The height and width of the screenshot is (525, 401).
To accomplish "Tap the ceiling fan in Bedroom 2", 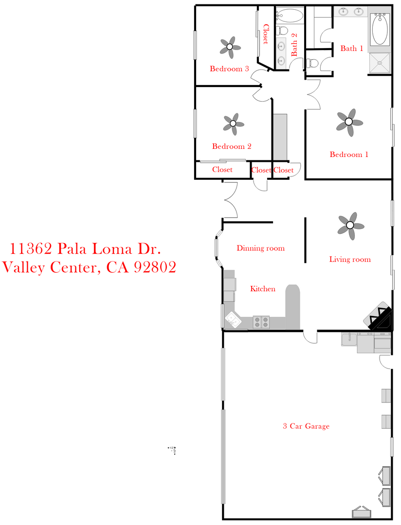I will pos(233,123).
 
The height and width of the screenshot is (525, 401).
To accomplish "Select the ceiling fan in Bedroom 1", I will pos(349,122).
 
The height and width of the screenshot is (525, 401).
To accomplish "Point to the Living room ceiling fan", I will pos(350,225).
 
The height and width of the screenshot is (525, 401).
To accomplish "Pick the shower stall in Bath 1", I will pos(380,63).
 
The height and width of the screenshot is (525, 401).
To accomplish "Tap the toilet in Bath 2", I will pos(282,30).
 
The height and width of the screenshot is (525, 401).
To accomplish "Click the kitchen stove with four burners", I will pos(262,321).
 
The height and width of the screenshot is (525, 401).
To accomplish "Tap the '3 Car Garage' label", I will pos(306,426).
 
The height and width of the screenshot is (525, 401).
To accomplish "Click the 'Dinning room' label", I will pos(260,248).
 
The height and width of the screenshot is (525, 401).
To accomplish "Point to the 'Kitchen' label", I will pos(263,289).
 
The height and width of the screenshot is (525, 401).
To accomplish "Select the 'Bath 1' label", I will pos(351,48).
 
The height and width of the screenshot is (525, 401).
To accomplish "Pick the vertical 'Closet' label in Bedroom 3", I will pos(266,34).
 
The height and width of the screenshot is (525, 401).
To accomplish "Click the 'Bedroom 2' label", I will pos(232,146).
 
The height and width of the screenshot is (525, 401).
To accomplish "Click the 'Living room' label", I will pos(350,259).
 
